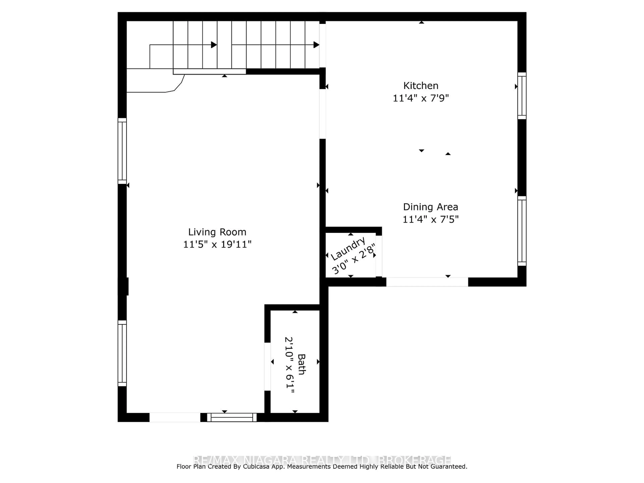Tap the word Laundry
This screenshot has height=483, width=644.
point(348,249)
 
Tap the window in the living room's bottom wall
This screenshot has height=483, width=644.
point(232,417)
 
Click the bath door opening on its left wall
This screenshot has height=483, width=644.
point(267,367)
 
